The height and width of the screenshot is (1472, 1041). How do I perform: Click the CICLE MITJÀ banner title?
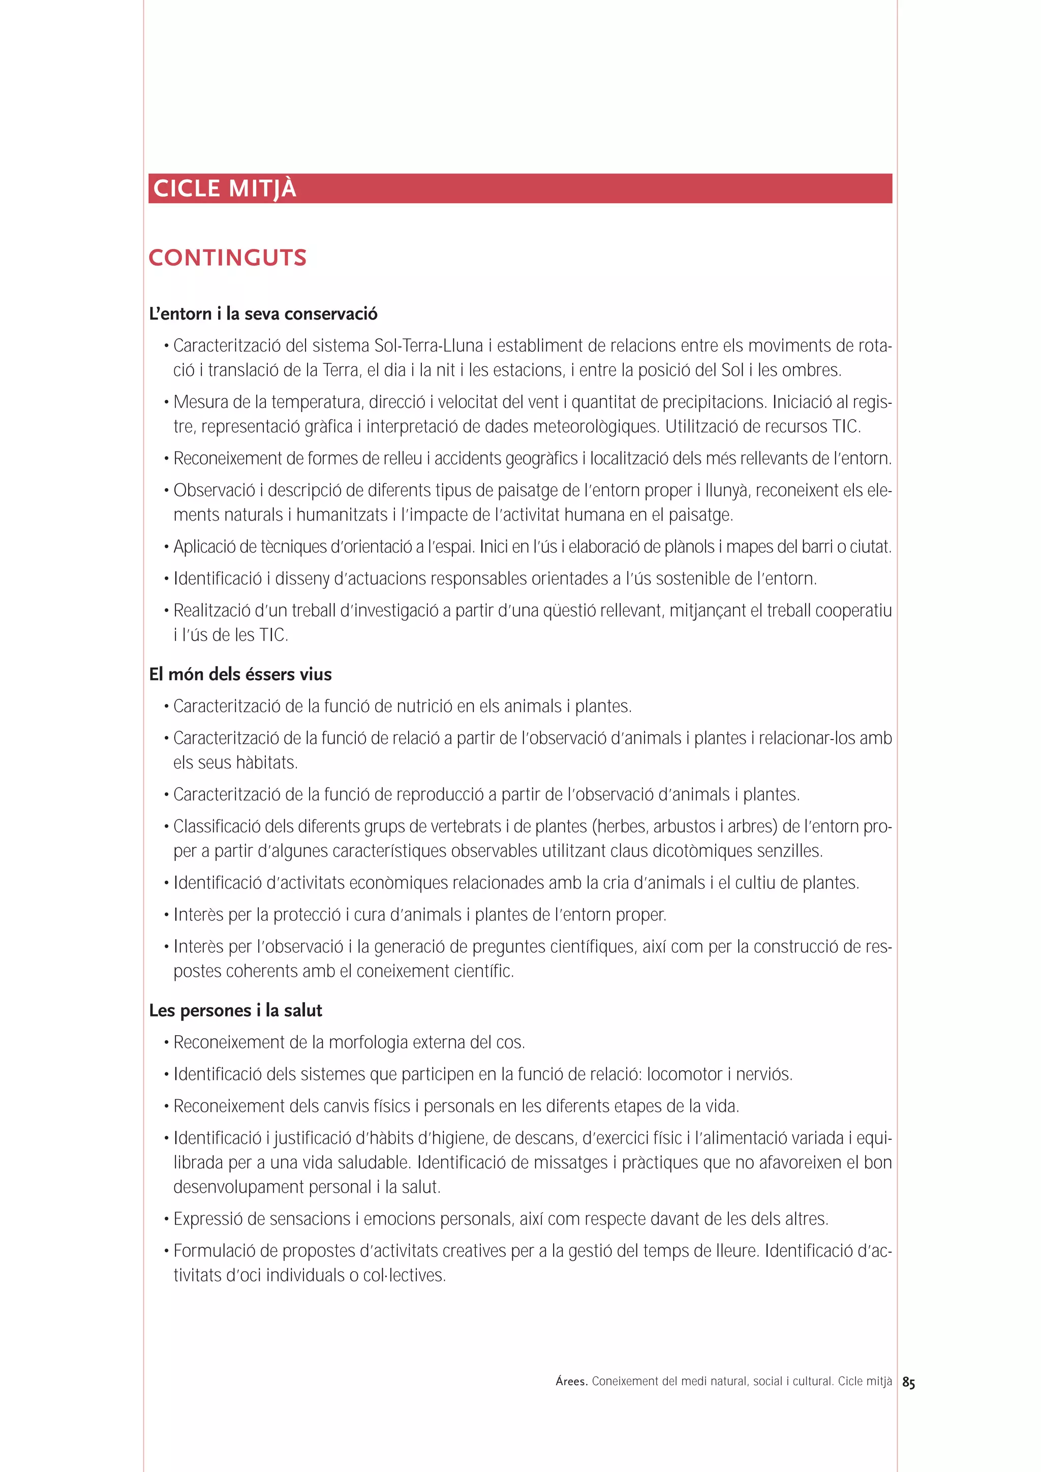pyautogui.click(x=225, y=188)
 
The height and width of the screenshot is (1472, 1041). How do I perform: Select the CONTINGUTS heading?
pyautogui.click(x=227, y=258)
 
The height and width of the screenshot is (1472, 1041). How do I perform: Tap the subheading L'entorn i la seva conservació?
pyautogui.click(x=263, y=314)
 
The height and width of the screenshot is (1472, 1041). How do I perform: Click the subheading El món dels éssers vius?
pyautogui.click(x=240, y=675)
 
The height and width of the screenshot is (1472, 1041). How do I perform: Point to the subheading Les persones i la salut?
pyautogui.click(x=235, y=1010)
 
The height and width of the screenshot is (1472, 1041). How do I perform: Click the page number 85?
pyautogui.click(x=908, y=1383)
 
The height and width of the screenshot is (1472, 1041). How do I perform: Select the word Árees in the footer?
pyautogui.click(x=571, y=1382)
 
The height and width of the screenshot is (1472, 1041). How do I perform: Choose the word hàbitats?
pyautogui.click(x=266, y=763)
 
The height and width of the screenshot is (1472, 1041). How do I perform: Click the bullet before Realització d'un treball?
pyautogui.click(x=166, y=611)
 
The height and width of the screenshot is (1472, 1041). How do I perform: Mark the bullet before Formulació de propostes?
pyautogui.click(x=166, y=1252)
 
